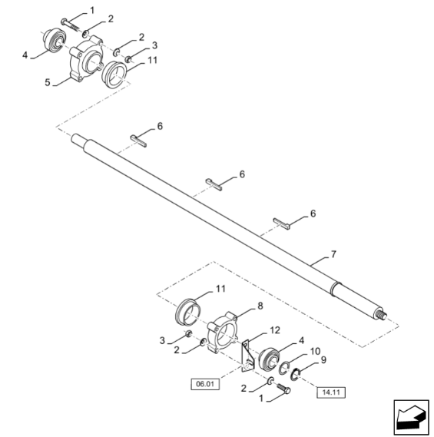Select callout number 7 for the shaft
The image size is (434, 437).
(333, 253)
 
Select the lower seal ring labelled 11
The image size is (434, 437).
(190, 310)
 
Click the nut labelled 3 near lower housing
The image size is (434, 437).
(189, 335)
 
